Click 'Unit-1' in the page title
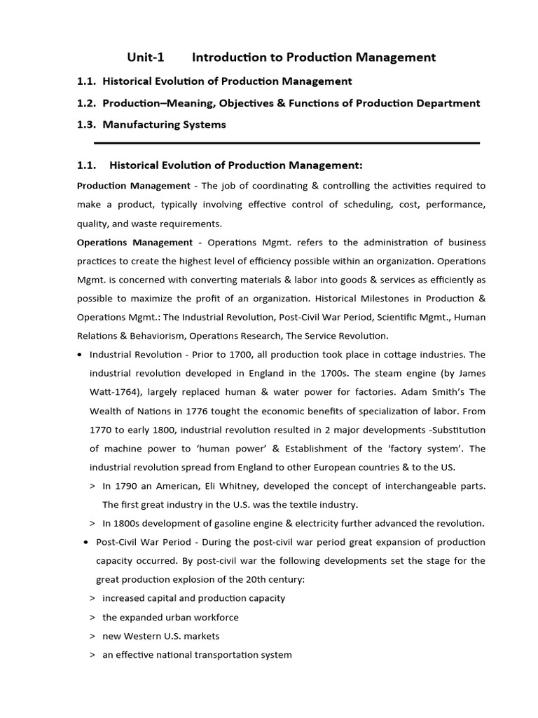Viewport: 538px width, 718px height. (x=146, y=57)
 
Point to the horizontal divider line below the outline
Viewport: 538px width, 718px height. (x=287, y=143)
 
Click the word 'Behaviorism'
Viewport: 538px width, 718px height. (x=153, y=336)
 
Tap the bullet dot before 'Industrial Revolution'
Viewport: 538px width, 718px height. (x=81, y=355)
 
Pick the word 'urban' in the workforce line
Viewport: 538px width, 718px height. (x=178, y=617)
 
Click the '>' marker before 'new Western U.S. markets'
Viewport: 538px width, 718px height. (x=93, y=636)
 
